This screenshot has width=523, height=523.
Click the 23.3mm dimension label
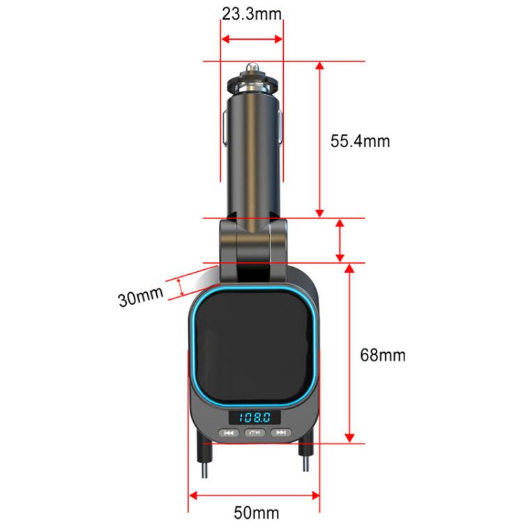pyautogui.click(x=252, y=14)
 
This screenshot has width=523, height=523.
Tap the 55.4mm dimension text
pyautogui.click(x=360, y=141)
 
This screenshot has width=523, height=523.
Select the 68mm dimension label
pyautogui.click(x=382, y=355)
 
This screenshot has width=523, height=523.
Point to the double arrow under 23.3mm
pyautogui.click(x=252, y=39)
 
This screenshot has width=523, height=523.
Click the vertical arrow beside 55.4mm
pyautogui.click(x=320, y=139)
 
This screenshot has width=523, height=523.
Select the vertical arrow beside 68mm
pyautogui.click(x=348, y=354)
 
